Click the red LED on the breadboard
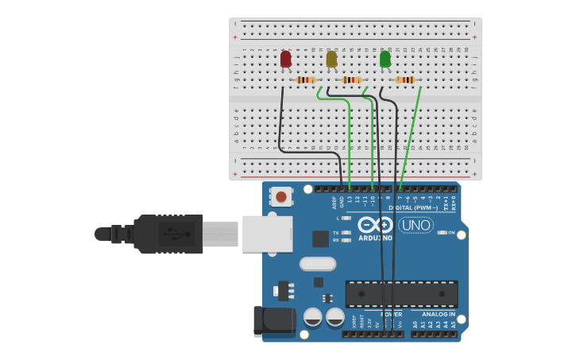(x=286, y=59)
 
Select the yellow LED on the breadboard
(x=331, y=59)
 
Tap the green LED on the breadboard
(x=385, y=59)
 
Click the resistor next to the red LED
(x=306, y=79)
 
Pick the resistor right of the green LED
(x=405, y=79)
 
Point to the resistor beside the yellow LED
(x=352, y=79)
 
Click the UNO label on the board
(x=416, y=225)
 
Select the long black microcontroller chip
(x=401, y=293)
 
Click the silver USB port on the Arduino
(x=267, y=234)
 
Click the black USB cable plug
(x=168, y=234)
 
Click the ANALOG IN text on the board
(x=433, y=314)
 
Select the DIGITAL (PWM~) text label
(x=413, y=207)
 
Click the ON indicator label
(x=450, y=232)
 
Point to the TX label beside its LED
(x=336, y=232)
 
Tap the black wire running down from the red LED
(x=280, y=119)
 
